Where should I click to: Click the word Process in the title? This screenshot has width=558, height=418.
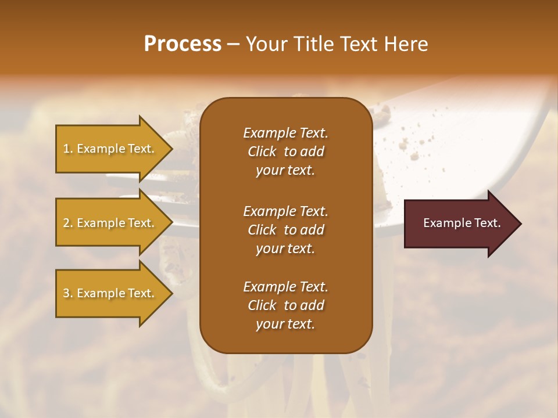(x=183, y=44)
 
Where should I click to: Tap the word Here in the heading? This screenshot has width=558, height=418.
(x=406, y=44)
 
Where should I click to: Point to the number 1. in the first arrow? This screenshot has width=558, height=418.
(x=68, y=149)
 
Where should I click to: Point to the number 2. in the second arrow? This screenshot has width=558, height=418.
(x=68, y=223)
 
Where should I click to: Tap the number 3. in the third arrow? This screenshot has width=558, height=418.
(x=68, y=293)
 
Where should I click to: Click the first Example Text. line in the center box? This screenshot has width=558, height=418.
(x=285, y=133)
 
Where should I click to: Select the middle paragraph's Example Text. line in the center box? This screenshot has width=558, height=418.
(x=285, y=211)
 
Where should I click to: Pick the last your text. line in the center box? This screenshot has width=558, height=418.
(x=285, y=324)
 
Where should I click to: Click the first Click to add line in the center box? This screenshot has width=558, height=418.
(x=285, y=152)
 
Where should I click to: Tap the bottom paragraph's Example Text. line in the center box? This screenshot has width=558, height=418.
(x=285, y=287)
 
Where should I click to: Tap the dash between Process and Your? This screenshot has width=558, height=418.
(x=233, y=45)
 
